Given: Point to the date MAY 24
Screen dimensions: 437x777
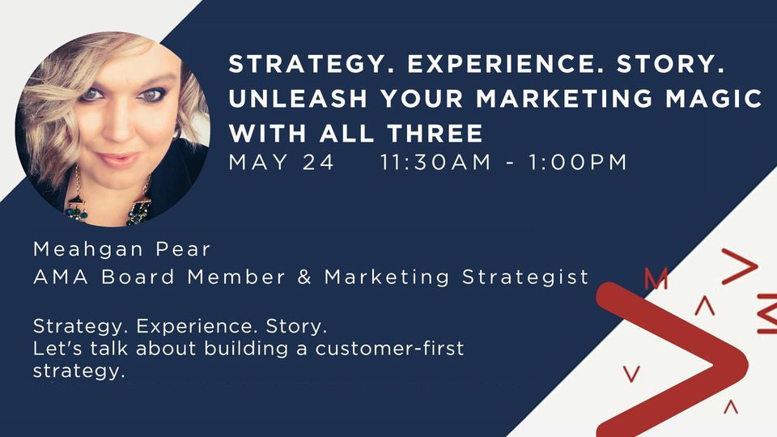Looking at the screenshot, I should pyautogui.click(x=282, y=162).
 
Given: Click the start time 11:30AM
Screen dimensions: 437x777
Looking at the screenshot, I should pyautogui.click(x=435, y=162).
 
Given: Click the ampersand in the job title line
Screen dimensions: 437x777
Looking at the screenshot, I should pyautogui.click(x=305, y=277).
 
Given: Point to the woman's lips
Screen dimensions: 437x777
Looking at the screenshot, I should pyautogui.click(x=118, y=158).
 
